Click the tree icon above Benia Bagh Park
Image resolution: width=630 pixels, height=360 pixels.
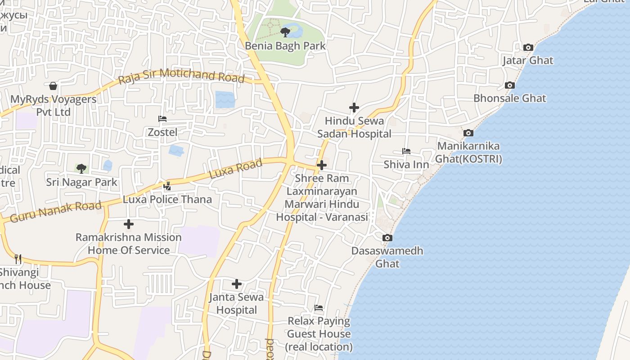pyautogui.click(x=285, y=32)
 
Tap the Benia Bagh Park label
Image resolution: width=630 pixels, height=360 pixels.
pyautogui.click(x=285, y=45)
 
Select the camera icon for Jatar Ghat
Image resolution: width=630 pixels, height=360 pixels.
pyautogui.click(x=528, y=47)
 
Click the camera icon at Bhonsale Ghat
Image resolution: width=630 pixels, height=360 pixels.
pyautogui.click(x=509, y=85)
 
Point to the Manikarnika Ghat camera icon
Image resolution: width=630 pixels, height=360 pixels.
pyautogui.click(x=468, y=133)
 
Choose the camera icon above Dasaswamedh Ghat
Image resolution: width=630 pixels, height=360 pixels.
pyautogui.click(x=387, y=238)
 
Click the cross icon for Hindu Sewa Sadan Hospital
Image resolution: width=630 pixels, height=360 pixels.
pyautogui.click(x=354, y=108)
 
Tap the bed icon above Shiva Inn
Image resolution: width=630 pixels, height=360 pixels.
pyautogui.click(x=406, y=151)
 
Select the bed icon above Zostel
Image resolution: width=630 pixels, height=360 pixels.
pyautogui.click(x=162, y=119)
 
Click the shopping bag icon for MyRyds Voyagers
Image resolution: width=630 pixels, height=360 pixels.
pyautogui.click(x=53, y=86)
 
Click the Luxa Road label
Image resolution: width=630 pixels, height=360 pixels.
pyautogui.click(x=236, y=168)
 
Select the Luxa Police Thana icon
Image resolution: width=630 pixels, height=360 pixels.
pyautogui.click(x=167, y=186)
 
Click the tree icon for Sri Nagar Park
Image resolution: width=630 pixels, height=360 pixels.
pyautogui.click(x=81, y=169)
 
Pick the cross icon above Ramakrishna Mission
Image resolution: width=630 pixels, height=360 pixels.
pyautogui.click(x=129, y=224)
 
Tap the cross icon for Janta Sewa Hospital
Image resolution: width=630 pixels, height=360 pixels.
pyautogui.click(x=237, y=283)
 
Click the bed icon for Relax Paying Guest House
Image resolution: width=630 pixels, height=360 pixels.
pyautogui.click(x=319, y=308)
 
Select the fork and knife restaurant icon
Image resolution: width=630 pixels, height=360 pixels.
pyautogui.click(x=18, y=259)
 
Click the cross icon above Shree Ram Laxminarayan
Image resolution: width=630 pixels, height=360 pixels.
pyautogui.click(x=321, y=165)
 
